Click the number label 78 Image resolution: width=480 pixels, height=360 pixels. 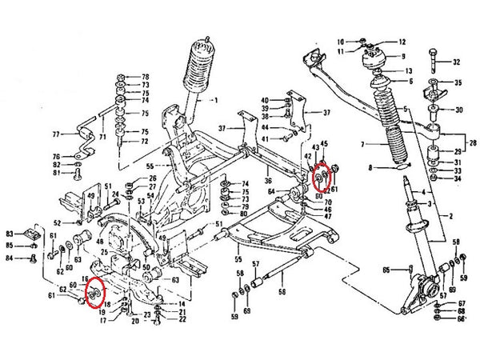[x=146, y=75]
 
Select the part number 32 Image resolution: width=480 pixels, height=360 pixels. [x=457, y=62]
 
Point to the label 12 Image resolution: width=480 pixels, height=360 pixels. [x=402, y=42]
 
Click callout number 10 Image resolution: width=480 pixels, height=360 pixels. [x=340, y=41]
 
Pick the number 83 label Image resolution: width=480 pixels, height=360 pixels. [x=8, y=231]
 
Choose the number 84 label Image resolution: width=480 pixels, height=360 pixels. [x=8, y=258]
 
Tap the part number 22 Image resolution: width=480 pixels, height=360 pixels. [x=183, y=319]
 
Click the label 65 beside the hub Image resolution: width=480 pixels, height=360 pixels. [x=386, y=270]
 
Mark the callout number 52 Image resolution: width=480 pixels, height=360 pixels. [x=57, y=222]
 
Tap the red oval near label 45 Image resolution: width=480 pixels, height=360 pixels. [x=324, y=175]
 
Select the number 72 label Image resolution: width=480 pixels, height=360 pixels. [x=146, y=141]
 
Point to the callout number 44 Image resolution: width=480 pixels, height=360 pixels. [x=264, y=127]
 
